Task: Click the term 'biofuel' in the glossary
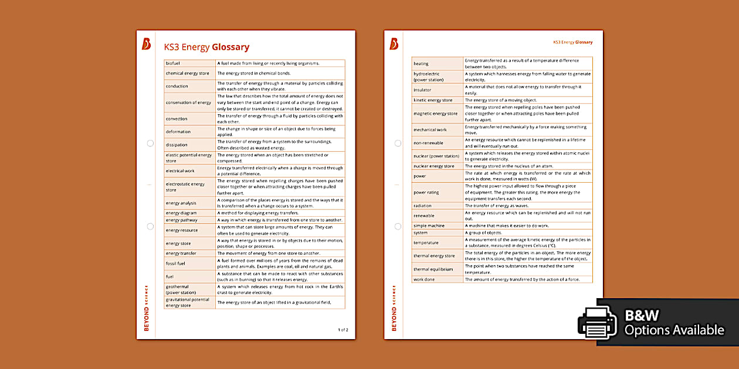click(173, 63)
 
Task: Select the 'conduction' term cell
click(177, 86)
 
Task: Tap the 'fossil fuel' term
click(176, 264)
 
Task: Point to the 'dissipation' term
click(177, 145)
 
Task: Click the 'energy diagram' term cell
click(181, 213)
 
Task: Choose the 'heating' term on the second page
click(421, 63)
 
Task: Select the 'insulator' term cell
click(422, 90)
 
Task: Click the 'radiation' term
click(422, 206)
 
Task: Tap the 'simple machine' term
click(429, 225)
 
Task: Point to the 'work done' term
click(424, 279)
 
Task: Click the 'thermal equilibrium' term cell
click(433, 269)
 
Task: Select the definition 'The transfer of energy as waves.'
click(497, 206)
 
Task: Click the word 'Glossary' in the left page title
click(230, 47)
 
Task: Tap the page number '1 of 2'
click(343, 330)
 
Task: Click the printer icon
click(598, 323)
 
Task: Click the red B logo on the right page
click(394, 43)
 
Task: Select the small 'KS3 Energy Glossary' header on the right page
click(573, 42)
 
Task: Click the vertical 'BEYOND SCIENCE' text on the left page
click(147, 307)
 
